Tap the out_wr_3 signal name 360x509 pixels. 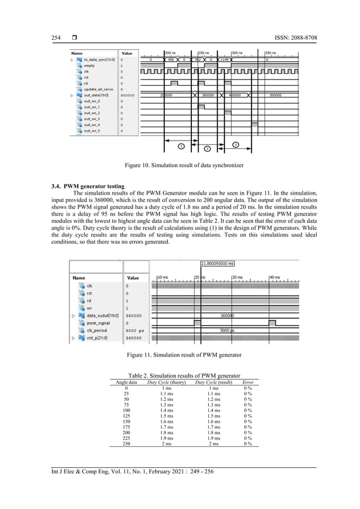pyautogui.click(x=92, y=119)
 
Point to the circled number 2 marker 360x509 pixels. pyautogui.click(x=207, y=148)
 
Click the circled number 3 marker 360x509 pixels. pyautogui.click(x=235, y=145)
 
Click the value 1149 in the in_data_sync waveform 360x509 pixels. pyautogui.click(x=224, y=59)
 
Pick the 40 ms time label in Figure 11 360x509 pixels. pyautogui.click(x=274, y=277)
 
